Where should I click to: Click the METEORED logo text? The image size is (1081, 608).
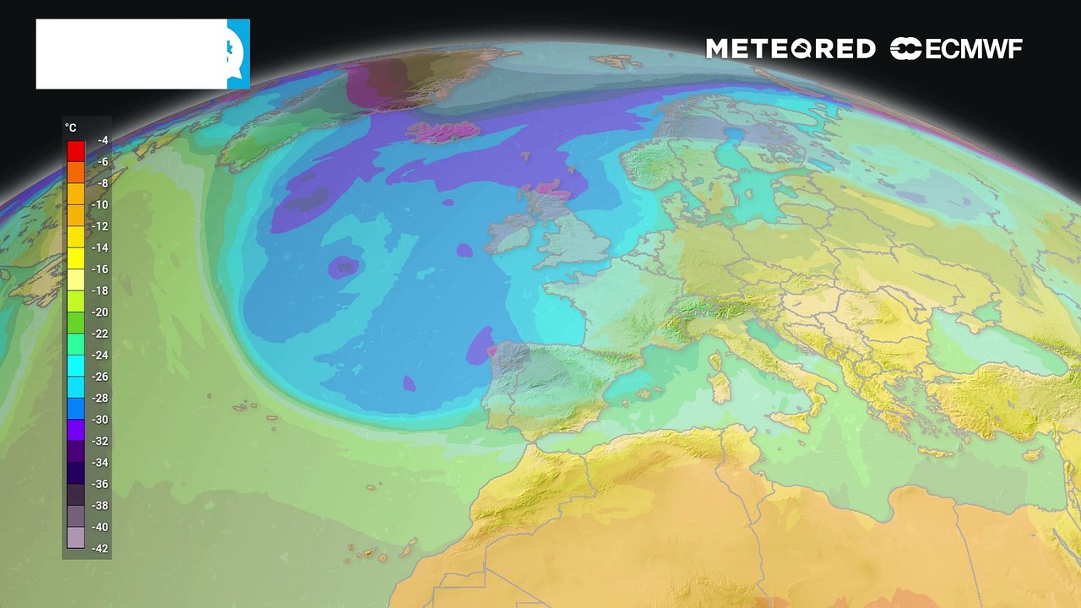[x=790, y=49]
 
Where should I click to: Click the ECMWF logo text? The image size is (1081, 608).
[x=956, y=49]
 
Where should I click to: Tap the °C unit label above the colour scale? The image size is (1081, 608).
[x=71, y=128]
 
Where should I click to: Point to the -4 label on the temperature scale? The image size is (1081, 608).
[x=102, y=140]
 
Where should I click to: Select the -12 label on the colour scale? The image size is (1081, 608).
[x=101, y=226]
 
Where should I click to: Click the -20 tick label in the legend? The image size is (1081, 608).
[x=101, y=312]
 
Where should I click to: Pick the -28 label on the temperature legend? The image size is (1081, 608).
[x=101, y=398]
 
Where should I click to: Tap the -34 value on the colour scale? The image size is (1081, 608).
[x=101, y=463]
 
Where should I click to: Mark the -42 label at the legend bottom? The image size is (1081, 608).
[x=101, y=548]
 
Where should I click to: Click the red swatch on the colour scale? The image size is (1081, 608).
[x=76, y=151]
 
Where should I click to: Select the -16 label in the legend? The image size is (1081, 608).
[x=101, y=269]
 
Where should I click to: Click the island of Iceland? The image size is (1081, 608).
[x=443, y=133]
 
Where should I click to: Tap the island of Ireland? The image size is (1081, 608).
[x=512, y=235]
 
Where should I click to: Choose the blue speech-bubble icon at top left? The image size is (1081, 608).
[x=238, y=53]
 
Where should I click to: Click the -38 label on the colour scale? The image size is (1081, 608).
[x=101, y=505]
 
